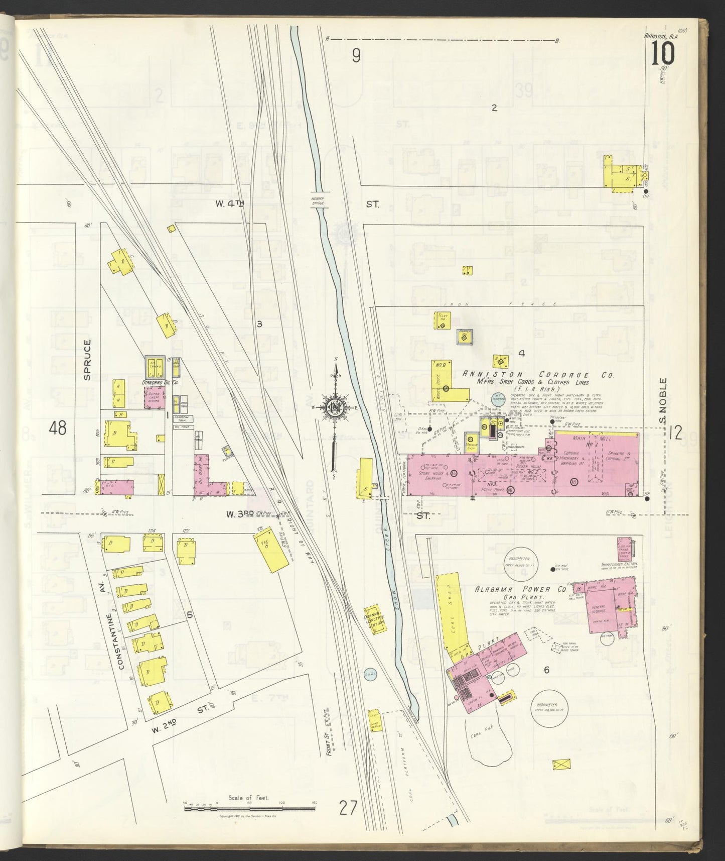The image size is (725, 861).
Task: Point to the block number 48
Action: tap(58, 428)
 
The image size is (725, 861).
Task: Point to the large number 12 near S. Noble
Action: tap(675, 432)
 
